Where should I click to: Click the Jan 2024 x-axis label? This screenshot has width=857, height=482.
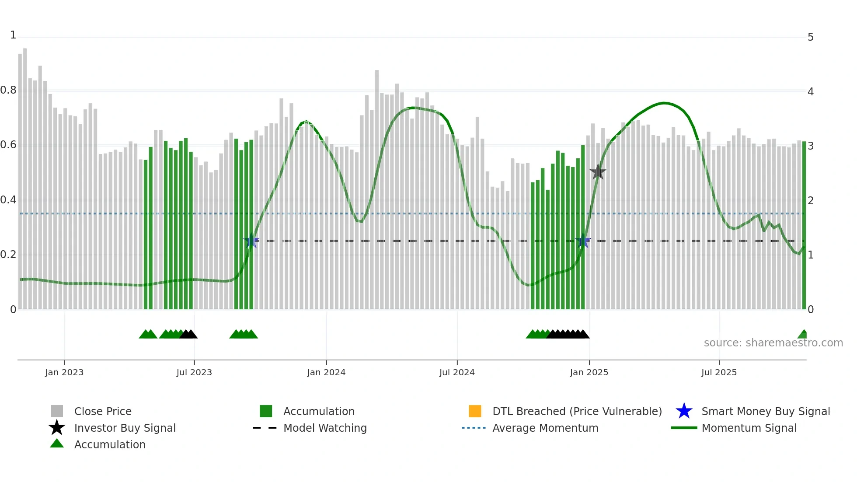click(x=326, y=372)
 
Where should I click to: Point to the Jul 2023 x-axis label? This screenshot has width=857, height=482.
click(x=194, y=372)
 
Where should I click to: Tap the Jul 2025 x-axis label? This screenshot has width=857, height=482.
click(x=719, y=372)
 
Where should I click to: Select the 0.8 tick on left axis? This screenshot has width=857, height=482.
click(x=8, y=91)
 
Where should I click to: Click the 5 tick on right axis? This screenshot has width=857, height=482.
click(x=811, y=37)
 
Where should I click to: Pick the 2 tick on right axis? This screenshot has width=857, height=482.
click(x=811, y=201)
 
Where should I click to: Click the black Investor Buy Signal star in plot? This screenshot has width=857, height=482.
click(x=598, y=172)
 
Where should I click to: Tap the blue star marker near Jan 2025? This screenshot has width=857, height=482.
click(x=583, y=241)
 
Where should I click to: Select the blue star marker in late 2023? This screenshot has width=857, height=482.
click(x=251, y=241)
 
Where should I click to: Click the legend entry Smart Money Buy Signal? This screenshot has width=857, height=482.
click(x=765, y=411)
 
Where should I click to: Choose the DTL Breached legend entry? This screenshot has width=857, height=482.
click(x=577, y=411)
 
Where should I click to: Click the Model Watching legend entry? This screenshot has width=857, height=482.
click(x=324, y=428)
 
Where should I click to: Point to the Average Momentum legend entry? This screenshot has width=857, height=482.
click(x=545, y=428)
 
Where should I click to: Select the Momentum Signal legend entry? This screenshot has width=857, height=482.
click(x=749, y=428)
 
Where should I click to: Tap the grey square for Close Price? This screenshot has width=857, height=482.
click(x=57, y=411)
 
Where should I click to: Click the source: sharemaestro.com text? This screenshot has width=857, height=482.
click(x=773, y=343)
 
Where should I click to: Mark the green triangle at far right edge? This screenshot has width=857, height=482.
click(x=803, y=335)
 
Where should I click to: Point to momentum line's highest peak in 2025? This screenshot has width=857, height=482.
click(x=664, y=103)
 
